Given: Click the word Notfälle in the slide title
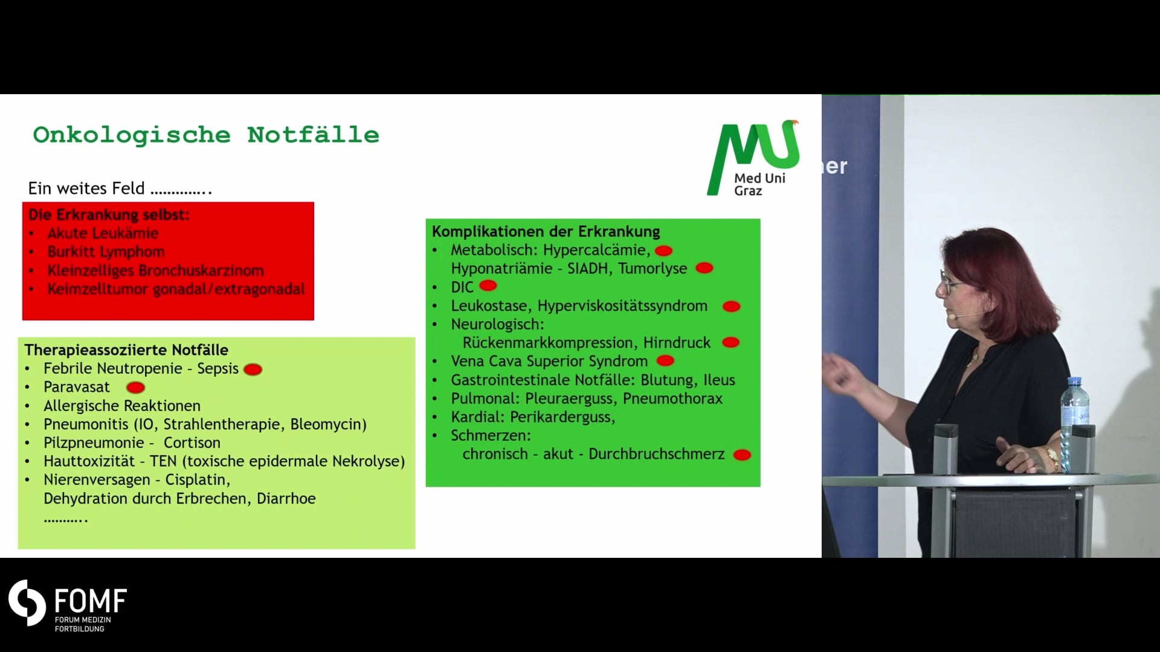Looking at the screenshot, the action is coord(313,135).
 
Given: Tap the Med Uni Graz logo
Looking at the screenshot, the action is coord(753,158).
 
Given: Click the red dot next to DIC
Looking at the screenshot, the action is coord(488,286).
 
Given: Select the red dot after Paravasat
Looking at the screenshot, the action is coord(135,388).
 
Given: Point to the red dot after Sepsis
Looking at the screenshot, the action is coord(253,369).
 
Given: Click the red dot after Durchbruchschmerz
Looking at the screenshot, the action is coord(742,455).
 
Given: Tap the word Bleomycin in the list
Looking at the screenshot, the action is coord(328,424).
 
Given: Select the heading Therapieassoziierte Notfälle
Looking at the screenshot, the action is coord(126,350).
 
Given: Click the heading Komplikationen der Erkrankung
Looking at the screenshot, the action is coord(546,232).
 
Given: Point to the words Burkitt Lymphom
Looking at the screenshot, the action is coord(106,252).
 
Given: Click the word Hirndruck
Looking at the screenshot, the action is coord(677,343).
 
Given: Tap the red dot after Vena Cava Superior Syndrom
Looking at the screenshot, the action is coord(665,361).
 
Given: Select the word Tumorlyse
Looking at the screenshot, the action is coord(652,269).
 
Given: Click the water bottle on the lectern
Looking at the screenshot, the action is coord(1075,425).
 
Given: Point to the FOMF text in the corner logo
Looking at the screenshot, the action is coord(91,601).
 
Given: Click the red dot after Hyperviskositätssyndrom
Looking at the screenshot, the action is coord(732,307).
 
